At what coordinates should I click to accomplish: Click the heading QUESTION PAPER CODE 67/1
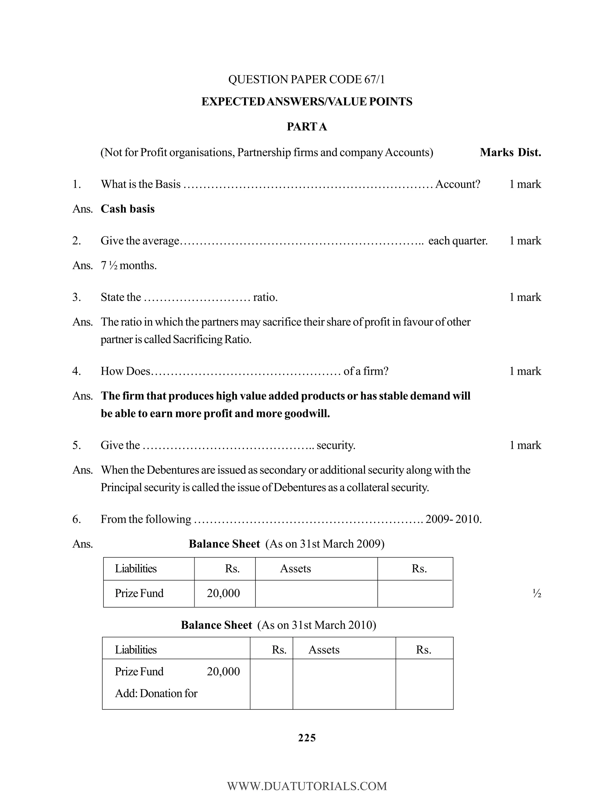[306, 79]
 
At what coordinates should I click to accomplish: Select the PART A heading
[307, 127]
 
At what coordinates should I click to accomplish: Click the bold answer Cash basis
[127, 209]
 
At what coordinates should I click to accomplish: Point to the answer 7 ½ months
[128, 265]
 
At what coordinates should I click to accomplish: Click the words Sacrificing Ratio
[212, 339]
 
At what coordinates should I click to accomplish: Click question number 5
[76, 445]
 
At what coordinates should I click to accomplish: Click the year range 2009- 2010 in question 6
[453, 519]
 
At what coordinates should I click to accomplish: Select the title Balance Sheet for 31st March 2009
[224, 544]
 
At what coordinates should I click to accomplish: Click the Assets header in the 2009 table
[295, 568]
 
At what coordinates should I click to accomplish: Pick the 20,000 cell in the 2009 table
[223, 593]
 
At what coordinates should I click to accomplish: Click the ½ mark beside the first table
[537, 594]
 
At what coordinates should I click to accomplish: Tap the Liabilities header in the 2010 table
[136, 650]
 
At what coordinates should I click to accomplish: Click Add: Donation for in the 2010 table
[156, 693]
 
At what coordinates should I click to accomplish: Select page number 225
[307, 738]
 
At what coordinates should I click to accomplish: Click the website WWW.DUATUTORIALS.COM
[307, 786]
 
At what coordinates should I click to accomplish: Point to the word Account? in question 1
[458, 184]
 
